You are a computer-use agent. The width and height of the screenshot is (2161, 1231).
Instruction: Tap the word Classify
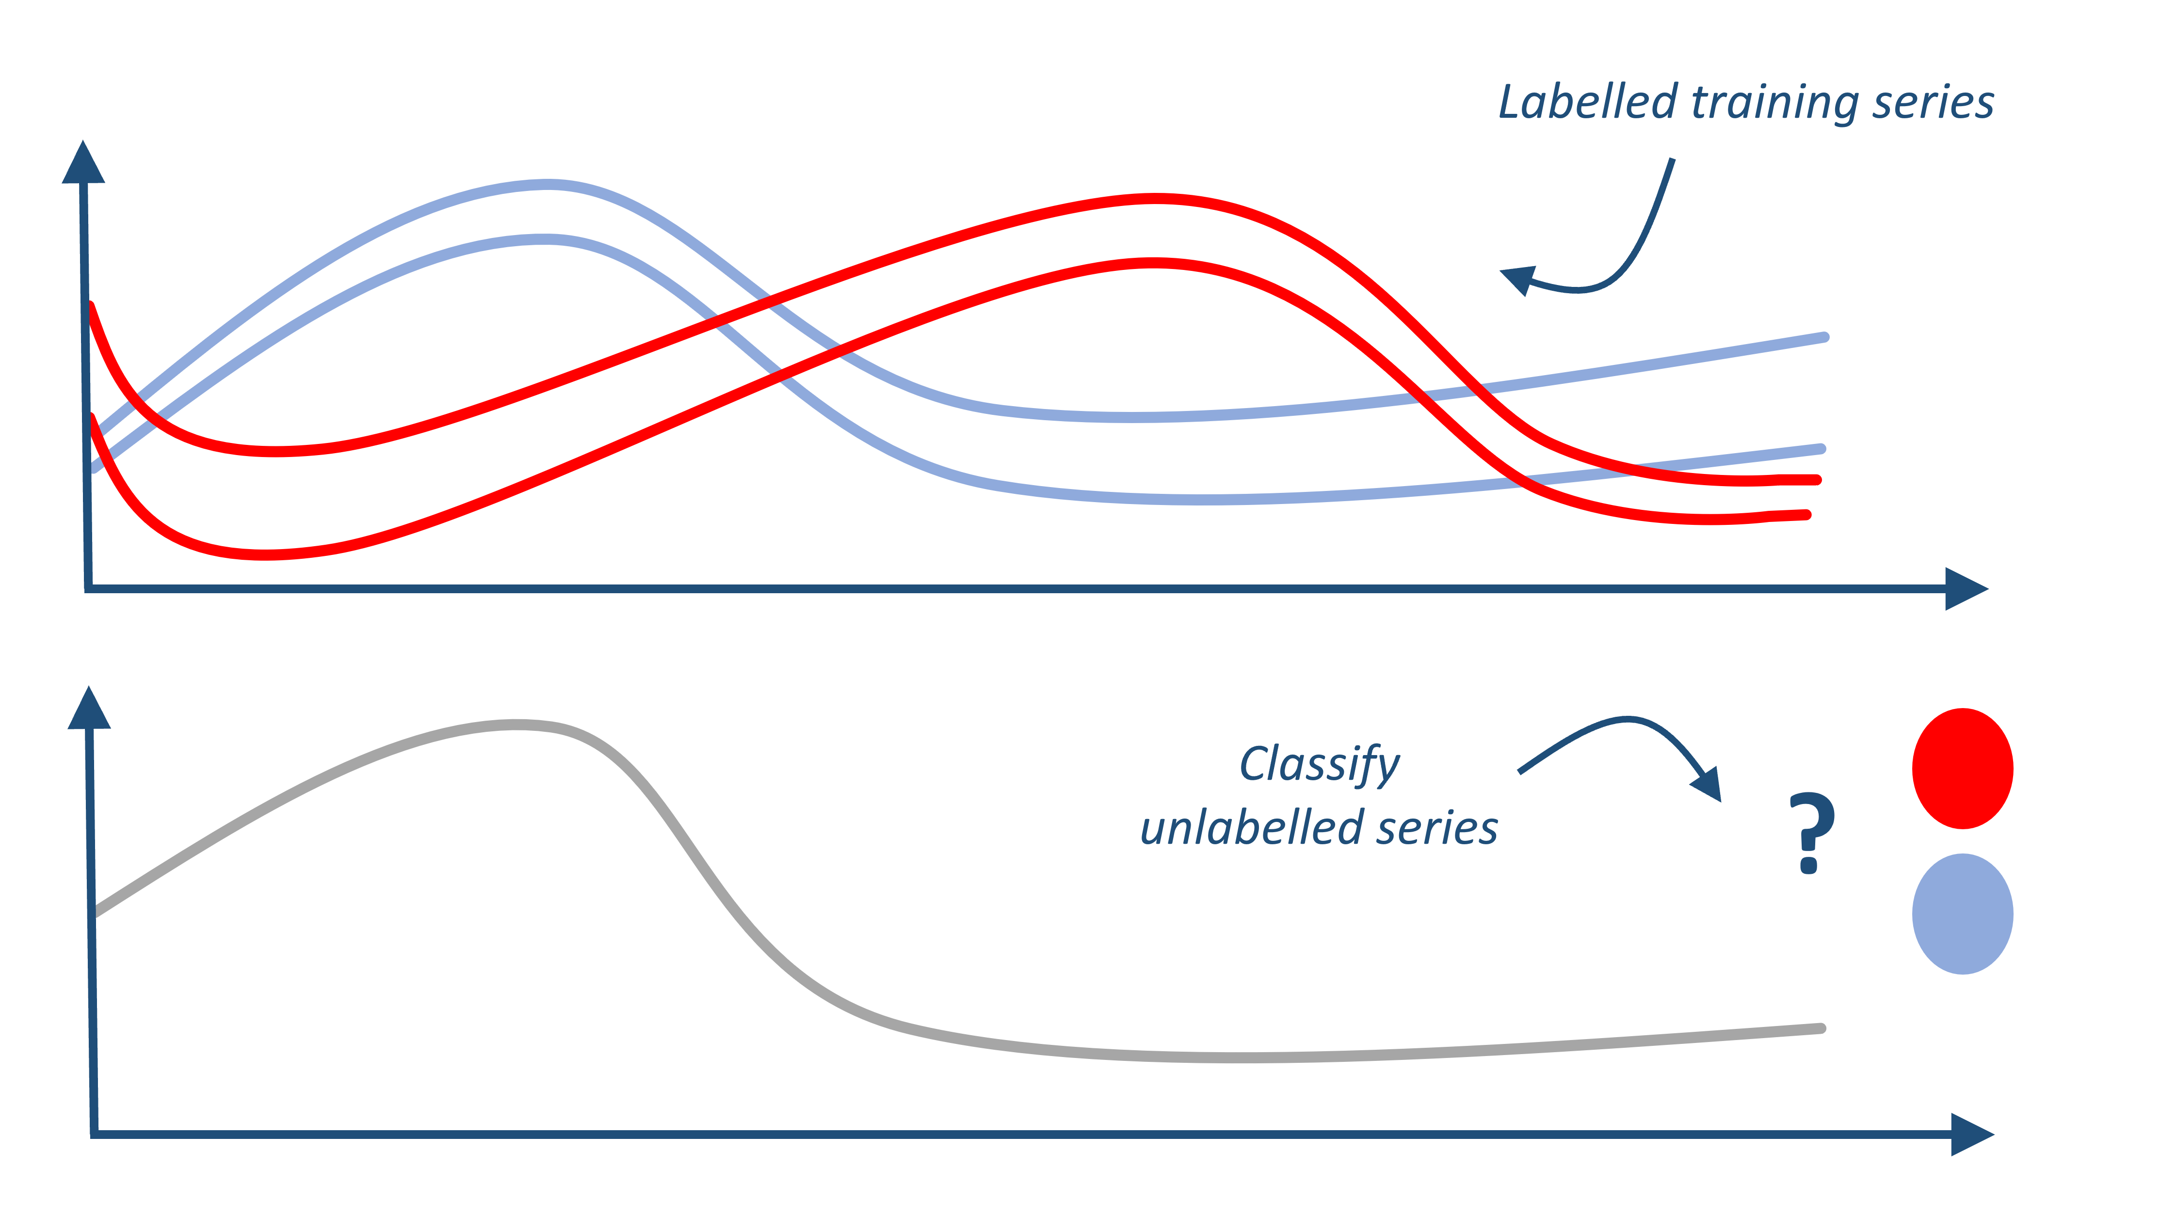[x=1320, y=765]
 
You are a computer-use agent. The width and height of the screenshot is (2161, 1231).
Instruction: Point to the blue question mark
[x=1811, y=833]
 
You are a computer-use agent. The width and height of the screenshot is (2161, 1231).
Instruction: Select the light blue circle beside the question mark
[x=1962, y=914]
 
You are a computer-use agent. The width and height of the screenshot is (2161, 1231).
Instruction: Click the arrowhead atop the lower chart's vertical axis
[x=89, y=709]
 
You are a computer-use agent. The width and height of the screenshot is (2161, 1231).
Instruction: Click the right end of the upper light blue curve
[x=1824, y=337]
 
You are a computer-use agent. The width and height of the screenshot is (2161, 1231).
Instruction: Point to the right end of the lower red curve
[x=1806, y=514]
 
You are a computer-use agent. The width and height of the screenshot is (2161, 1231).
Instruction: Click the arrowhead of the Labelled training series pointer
[x=1519, y=280]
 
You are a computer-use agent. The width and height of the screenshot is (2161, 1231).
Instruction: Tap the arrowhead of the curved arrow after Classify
[x=1709, y=785]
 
